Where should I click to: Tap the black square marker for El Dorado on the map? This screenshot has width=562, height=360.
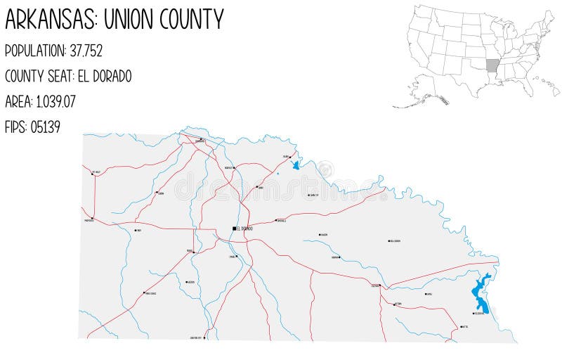235,229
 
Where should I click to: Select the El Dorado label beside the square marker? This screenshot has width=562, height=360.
245,229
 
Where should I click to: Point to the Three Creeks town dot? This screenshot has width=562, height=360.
144,293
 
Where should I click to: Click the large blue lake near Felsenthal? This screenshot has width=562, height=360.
481,294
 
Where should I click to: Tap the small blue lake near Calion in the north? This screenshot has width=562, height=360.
296,166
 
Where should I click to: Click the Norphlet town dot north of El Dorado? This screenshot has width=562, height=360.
234,168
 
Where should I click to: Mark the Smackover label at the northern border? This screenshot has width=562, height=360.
200,141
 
